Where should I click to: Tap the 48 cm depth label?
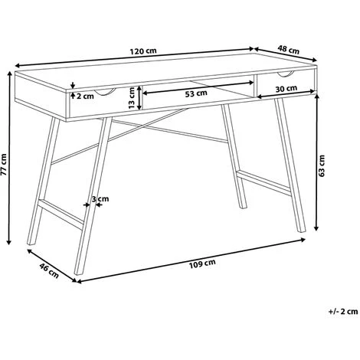click(288, 51)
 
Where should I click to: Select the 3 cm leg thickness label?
click(100, 200)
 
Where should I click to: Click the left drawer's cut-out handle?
click(102, 93)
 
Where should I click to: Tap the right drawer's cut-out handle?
click(286, 74)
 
